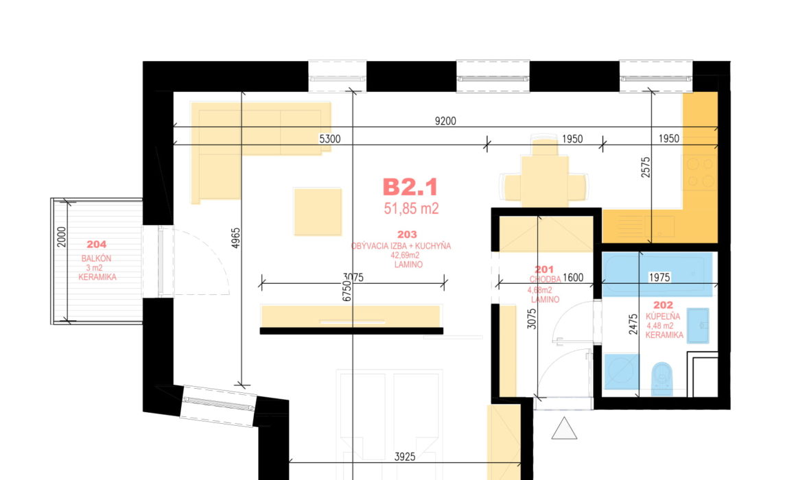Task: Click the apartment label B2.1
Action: [x=410, y=187]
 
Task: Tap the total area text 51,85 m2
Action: [x=411, y=208]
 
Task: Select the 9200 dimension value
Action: [x=445, y=121]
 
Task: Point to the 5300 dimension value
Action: [x=329, y=139]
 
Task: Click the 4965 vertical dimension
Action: [x=236, y=238]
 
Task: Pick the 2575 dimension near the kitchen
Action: [x=646, y=167]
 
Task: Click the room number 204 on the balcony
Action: [x=97, y=245]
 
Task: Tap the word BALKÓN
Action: [x=96, y=259]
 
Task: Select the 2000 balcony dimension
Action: [x=62, y=237]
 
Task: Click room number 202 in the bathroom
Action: [x=663, y=305]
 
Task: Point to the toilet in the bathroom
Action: [x=662, y=379]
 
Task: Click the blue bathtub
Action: [x=657, y=274]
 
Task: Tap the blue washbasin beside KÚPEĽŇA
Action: [x=698, y=325]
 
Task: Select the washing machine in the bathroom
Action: [x=622, y=372]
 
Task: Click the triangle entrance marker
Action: [x=564, y=429]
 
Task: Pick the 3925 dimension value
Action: [x=405, y=457]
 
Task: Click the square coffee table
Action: [x=318, y=212]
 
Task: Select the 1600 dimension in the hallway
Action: [x=572, y=278]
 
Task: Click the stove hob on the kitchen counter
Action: [x=701, y=172]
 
